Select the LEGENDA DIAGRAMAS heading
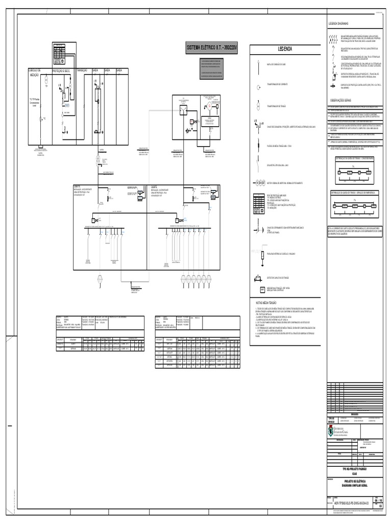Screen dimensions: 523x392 [338, 24]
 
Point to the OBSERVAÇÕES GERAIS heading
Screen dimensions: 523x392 [341, 100]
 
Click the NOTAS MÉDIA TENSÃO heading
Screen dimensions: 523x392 [266, 303]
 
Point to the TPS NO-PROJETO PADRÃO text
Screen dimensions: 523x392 [353, 468]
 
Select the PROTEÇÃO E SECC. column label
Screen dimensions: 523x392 [63, 70]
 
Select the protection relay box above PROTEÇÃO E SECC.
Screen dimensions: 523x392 [59, 53]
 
